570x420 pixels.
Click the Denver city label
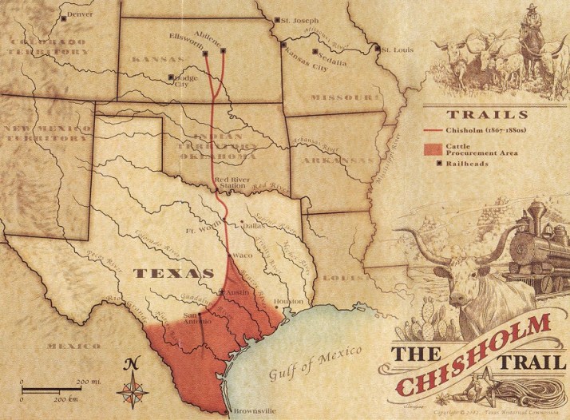[x=80, y=14]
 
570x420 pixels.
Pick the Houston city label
[x=289, y=301]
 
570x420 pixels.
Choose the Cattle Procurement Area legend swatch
[x=433, y=149]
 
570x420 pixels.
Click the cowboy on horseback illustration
[x=529, y=36]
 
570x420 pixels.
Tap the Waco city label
[x=243, y=256]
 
